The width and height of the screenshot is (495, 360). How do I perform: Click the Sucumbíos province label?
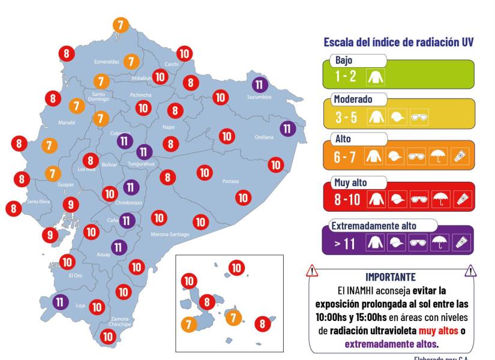tap(259, 97)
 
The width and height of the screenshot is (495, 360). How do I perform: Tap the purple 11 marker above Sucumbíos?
tap(259, 85)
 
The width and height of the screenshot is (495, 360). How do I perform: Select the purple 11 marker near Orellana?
tap(287, 128)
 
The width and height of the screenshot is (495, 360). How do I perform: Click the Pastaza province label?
tap(230, 181)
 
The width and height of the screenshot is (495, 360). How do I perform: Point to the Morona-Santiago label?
tap(170, 234)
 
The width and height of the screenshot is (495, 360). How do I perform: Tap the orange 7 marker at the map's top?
tap(121, 25)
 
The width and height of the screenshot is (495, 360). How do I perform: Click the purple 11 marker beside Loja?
tap(60, 302)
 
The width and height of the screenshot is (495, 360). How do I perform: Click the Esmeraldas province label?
tap(106, 61)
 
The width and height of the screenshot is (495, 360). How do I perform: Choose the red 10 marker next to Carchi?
tap(184, 53)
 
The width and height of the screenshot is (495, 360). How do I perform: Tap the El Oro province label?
tap(75, 275)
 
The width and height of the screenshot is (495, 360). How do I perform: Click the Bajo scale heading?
tap(344, 61)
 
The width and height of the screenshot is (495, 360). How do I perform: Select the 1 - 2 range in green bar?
tap(346, 76)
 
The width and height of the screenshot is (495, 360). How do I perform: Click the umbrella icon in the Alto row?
tap(439, 157)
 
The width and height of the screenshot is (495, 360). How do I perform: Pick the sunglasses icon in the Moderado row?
tap(418, 117)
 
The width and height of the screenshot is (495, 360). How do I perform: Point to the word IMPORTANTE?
tap(391, 277)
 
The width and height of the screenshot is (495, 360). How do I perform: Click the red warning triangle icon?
tap(311, 271)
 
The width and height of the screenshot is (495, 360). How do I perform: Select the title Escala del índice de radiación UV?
tap(398, 42)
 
